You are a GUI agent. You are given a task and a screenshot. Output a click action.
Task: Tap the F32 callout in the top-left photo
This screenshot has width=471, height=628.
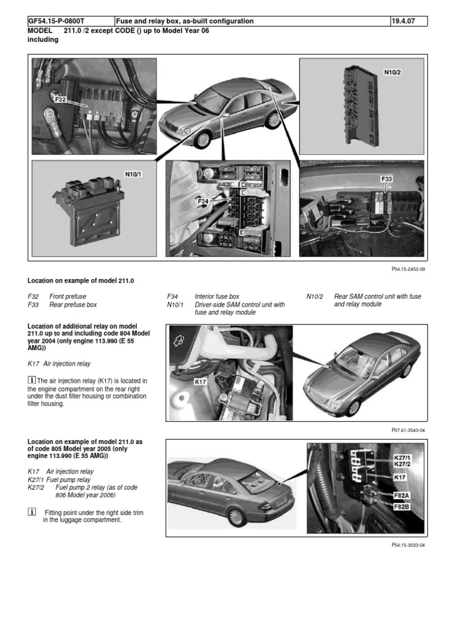(x=61, y=99)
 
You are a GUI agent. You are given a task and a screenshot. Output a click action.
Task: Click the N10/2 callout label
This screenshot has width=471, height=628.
(x=392, y=72)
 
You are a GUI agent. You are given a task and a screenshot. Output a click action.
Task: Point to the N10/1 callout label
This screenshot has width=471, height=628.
(x=133, y=174)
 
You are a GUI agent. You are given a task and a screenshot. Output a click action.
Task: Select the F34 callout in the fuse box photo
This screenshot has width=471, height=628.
(x=204, y=201)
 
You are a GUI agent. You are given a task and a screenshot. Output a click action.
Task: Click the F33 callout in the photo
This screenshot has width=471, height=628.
(x=386, y=179)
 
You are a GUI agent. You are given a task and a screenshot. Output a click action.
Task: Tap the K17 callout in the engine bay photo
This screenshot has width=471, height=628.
(x=201, y=382)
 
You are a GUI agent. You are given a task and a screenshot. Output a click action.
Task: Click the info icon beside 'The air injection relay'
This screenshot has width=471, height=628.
(x=32, y=381)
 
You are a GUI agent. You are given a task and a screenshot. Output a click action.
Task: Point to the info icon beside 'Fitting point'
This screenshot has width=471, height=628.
(x=32, y=511)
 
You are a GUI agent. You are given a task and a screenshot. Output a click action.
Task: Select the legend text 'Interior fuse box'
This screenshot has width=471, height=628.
(x=217, y=296)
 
